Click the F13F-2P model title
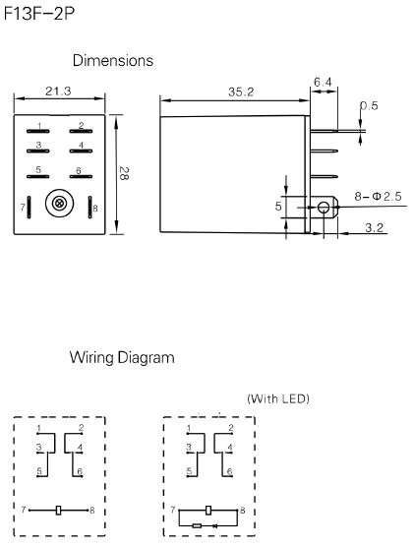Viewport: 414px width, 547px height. click(38, 17)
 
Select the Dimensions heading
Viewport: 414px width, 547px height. click(111, 61)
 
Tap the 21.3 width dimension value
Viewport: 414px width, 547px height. click(60, 91)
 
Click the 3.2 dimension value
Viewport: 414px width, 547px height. click(374, 228)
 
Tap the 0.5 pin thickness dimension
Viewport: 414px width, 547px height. click(369, 106)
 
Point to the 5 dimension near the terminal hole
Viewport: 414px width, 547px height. click(278, 207)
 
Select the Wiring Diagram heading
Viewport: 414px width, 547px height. click(122, 358)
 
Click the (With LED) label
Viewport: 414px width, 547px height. click(278, 398)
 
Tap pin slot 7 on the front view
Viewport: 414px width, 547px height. click(30, 208)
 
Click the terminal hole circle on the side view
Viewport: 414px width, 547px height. click(323, 208)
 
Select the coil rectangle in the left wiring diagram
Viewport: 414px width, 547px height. click(60, 510)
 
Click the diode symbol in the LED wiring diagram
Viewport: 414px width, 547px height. click(213, 525)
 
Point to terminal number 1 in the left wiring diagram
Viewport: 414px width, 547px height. click(37, 429)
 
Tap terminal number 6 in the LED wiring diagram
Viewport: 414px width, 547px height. click(230, 472)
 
